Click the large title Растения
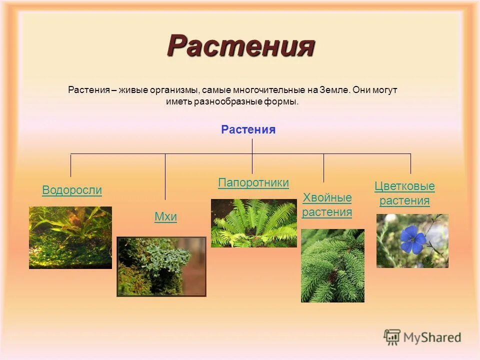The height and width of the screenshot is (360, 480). pos(240,46)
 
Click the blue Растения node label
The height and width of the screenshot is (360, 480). pos(248,130)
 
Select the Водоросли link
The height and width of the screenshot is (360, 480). pos(72,190)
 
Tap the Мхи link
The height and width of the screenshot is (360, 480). pos(165,217)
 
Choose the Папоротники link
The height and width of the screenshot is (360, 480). pos(253,183)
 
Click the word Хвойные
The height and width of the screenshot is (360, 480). pos(327,197)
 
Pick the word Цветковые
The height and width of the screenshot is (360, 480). pos(404,186)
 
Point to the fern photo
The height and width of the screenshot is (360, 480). pos(253,223)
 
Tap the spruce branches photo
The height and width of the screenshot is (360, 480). pos(332,265)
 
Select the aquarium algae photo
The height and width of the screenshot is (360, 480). pos(70,237)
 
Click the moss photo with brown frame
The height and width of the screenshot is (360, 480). pos(161,266)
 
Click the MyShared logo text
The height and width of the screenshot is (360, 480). pos(432,337)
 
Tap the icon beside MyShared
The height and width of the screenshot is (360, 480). pos(392,337)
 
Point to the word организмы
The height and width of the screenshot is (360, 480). pos(177,90)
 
